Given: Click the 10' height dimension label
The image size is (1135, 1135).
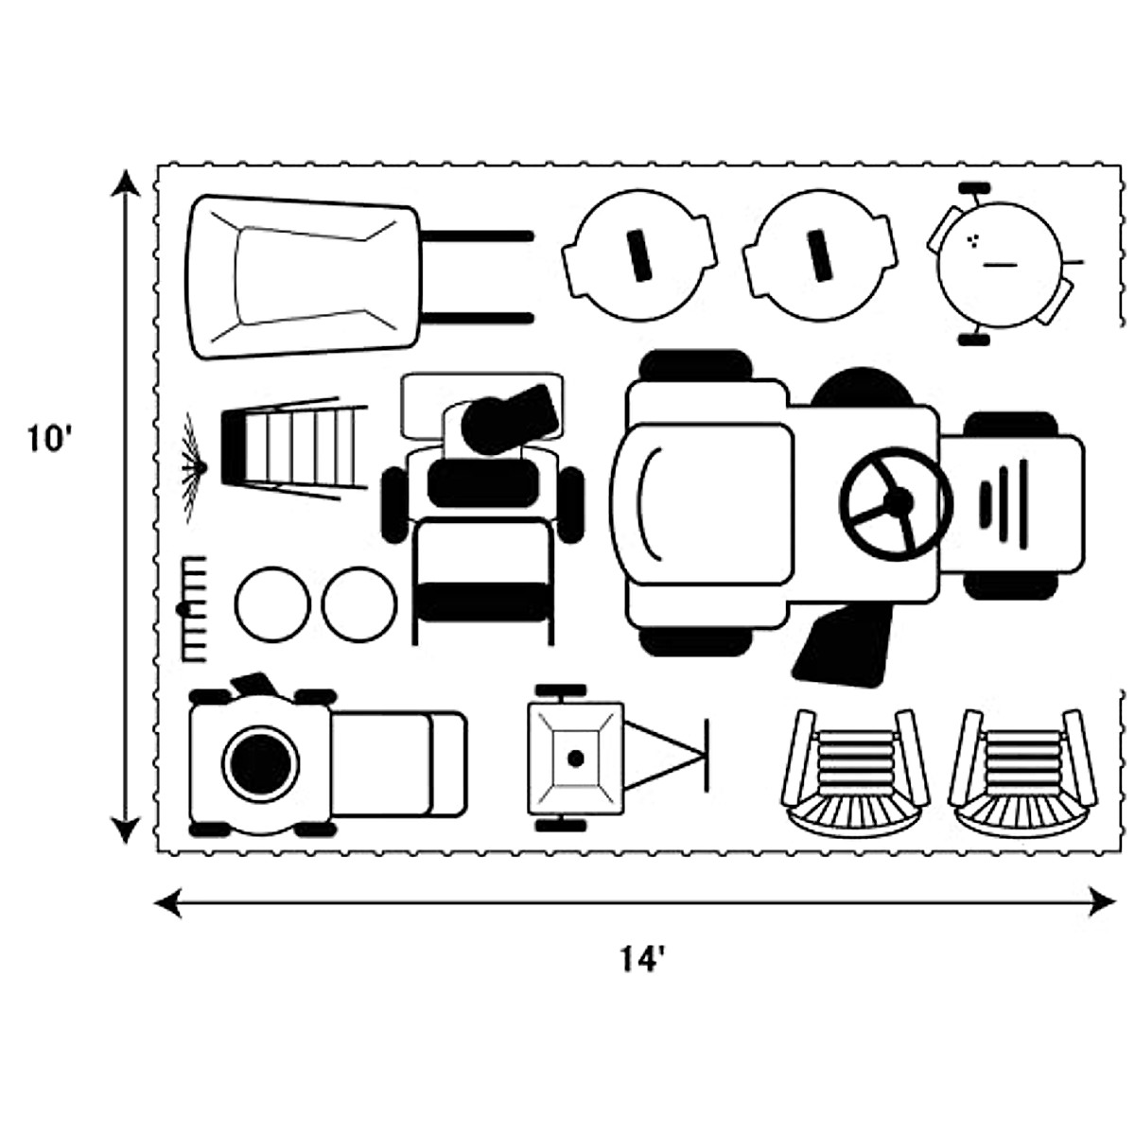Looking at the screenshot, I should click(x=50, y=442).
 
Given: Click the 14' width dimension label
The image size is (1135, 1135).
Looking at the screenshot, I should click(x=643, y=960).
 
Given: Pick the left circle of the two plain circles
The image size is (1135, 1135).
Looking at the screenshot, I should click(x=272, y=602).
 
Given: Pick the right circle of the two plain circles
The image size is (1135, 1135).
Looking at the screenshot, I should click(x=359, y=602).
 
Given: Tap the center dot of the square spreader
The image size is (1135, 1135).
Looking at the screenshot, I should click(x=574, y=758).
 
